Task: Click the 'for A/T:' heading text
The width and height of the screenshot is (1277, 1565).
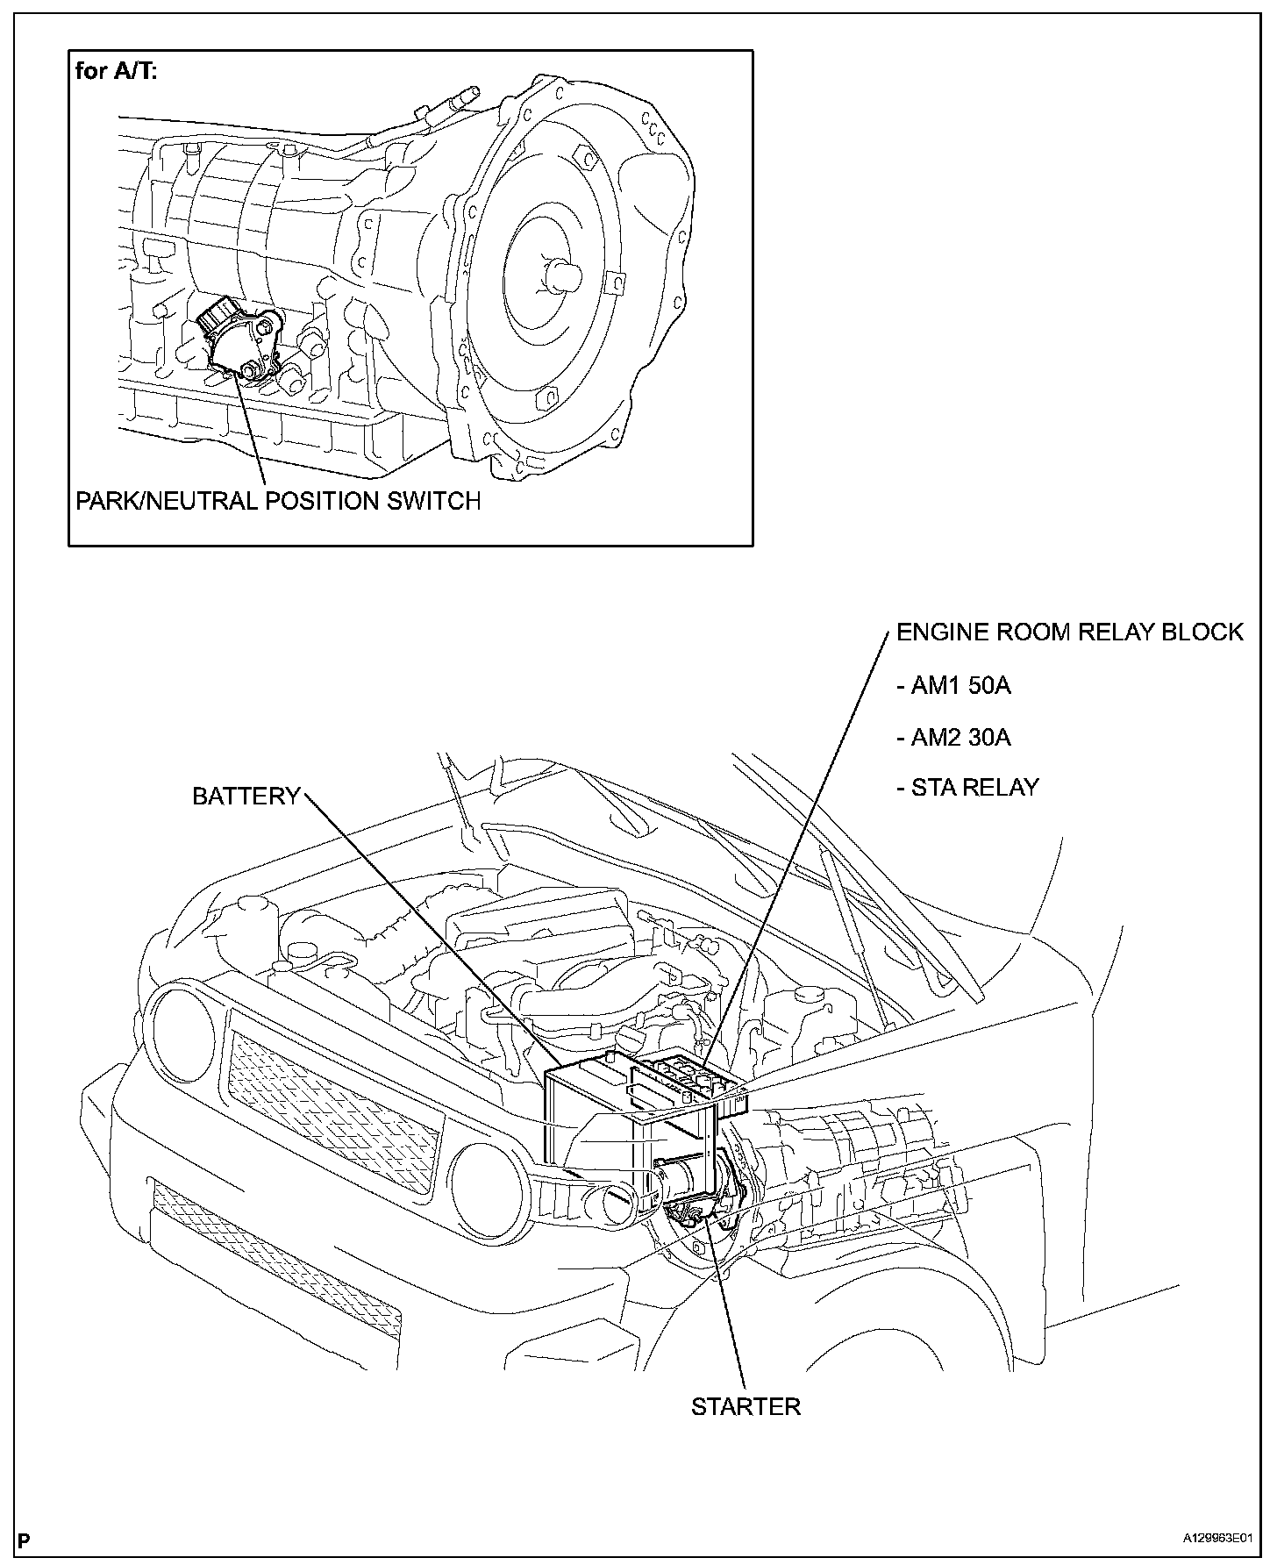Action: pyautogui.click(x=117, y=71)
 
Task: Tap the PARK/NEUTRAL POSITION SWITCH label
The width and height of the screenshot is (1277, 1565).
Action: pyautogui.click(x=278, y=501)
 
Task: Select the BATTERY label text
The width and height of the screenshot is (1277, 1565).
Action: pyautogui.click(x=246, y=796)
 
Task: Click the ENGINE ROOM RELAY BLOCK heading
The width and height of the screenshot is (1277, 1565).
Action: pyautogui.click(x=1069, y=632)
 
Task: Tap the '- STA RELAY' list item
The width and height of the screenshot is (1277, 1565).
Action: pyautogui.click(x=967, y=787)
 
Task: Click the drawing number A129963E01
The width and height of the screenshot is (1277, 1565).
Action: pyautogui.click(x=1214, y=1539)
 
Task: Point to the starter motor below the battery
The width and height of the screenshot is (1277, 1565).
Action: pyautogui.click(x=693, y=1184)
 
